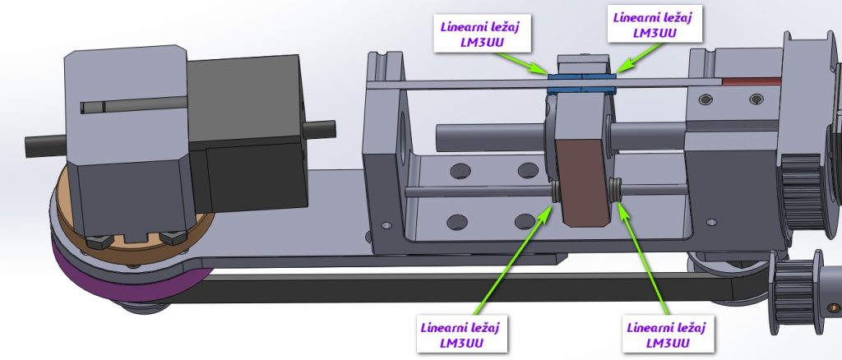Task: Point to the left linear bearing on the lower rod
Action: [x=556, y=192]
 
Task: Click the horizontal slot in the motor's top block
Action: [x=132, y=106]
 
